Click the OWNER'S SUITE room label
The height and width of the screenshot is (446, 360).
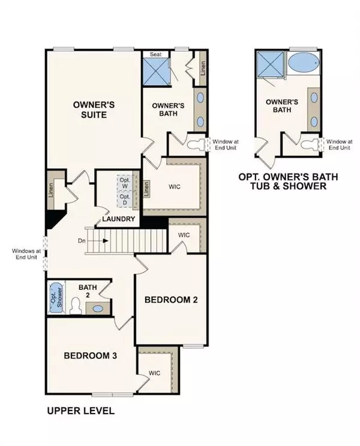94,109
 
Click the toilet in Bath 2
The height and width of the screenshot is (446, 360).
76,307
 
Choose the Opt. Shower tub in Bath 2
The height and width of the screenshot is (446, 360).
56,297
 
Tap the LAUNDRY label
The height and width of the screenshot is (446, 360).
118,219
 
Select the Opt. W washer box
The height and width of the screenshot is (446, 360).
125,182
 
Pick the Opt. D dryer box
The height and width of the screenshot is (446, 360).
125,199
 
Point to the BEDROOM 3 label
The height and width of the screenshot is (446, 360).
91,355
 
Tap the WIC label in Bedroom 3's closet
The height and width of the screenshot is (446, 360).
155,373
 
